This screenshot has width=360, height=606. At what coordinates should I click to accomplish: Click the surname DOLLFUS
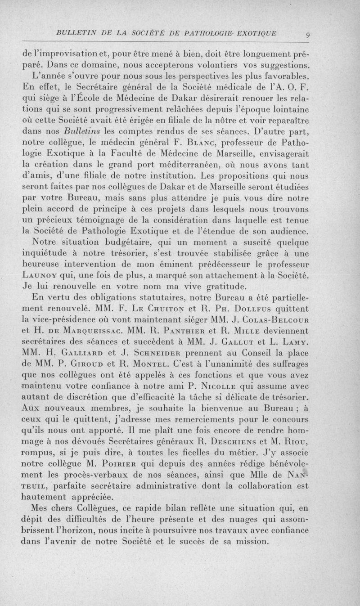pos(244,310)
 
